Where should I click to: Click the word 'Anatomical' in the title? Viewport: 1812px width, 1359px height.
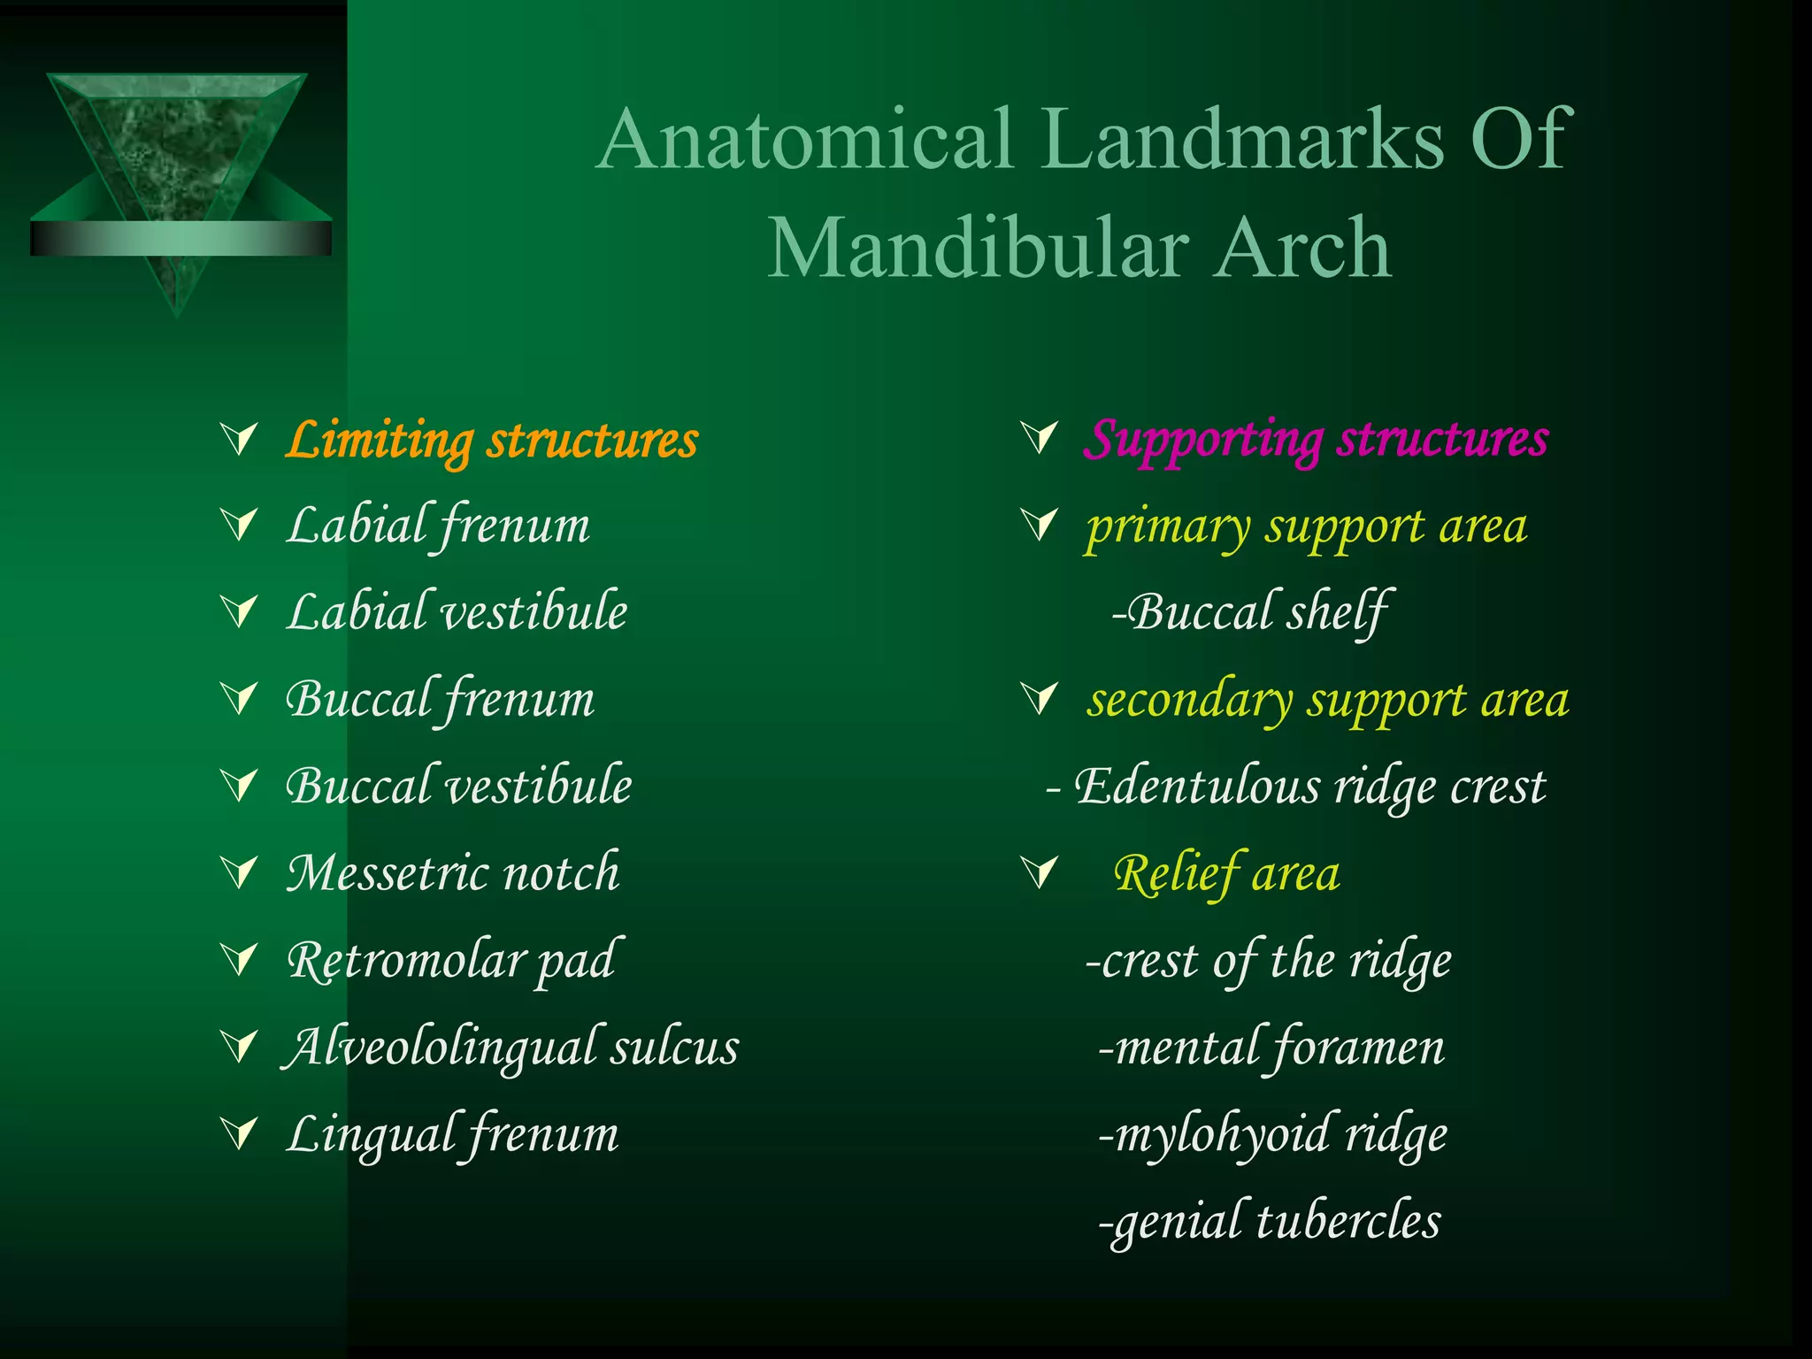pyautogui.click(x=805, y=139)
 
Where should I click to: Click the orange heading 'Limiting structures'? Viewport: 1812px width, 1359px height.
pyautogui.click(x=492, y=440)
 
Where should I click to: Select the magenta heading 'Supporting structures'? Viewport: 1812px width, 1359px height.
pyautogui.click(x=1316, y=438)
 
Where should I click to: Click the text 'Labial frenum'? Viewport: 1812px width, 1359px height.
pyautogui.click(x=438, y=526)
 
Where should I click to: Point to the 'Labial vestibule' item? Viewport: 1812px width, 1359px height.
pyautogui.click(x=457, y=612)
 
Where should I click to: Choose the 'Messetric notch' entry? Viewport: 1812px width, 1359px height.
pyautogui.click(x=453, y=873)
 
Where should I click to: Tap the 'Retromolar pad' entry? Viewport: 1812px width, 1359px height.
pyautogui.click(x=450, y=960)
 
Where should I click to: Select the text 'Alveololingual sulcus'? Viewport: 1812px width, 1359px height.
pyautogui.click(x=511, y=1047)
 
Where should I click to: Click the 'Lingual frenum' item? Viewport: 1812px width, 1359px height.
pyautogui.click(x=452, y=1134)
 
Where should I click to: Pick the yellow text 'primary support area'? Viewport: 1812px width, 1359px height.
pyautogui.click(x=1306, y=526)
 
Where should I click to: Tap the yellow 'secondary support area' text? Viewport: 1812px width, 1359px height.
pyautogui.click(x=1328, y=700)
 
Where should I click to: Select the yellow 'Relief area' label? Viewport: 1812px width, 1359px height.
pyautogui.click(x=1226, y=873)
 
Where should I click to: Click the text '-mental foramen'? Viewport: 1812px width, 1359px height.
pyautogui.click(x=1271, y=1048)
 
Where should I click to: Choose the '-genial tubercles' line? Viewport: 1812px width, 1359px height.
pyautogui.click(x=1269, y=1222)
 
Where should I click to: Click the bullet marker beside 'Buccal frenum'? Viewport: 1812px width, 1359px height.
pyautogui.click(x=240, y=698)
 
